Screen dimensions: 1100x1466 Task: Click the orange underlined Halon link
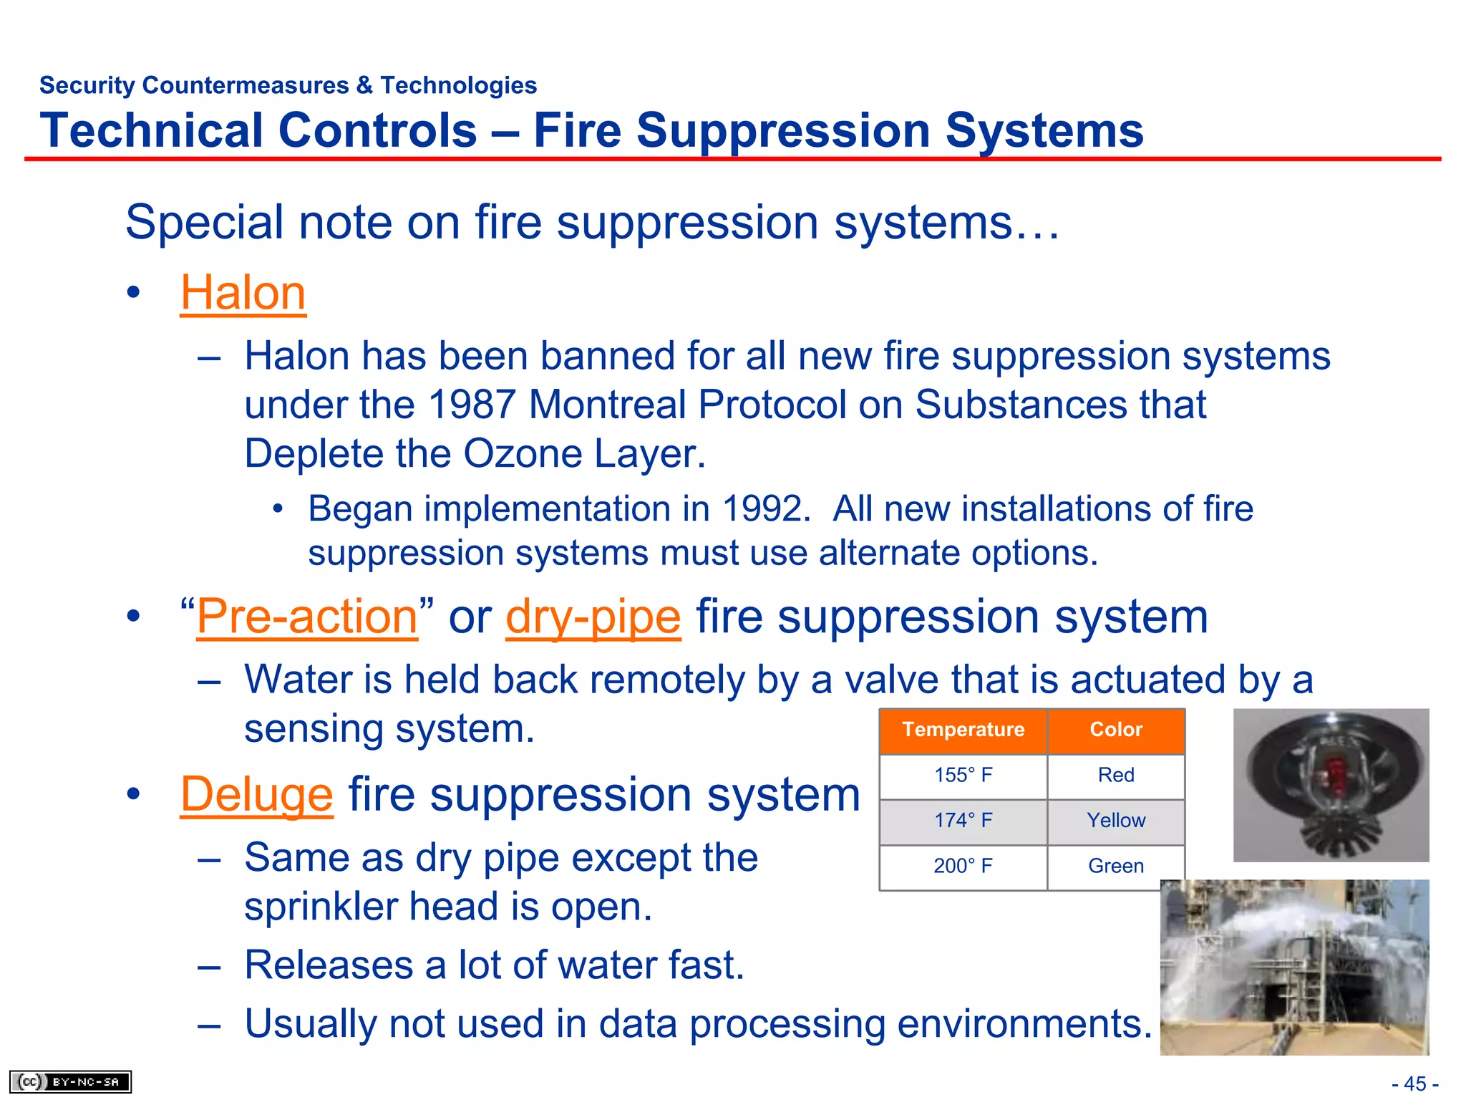243,293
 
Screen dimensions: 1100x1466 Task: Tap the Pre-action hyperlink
306,617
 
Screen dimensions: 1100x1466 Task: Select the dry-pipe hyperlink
593,617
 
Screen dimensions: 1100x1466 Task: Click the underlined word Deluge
256,794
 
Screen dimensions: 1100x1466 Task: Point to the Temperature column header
963,730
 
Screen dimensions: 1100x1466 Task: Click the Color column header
1115,730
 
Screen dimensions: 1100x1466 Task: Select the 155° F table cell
963,776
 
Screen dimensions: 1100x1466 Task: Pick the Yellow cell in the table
1115,821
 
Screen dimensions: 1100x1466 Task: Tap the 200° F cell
963,867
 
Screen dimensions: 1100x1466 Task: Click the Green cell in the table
1115,867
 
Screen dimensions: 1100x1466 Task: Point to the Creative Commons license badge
70,1081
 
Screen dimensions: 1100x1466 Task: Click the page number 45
1414,1084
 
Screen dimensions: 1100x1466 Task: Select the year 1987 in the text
472,405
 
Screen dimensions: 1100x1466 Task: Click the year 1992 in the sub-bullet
763,509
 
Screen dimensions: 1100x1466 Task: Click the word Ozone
523,454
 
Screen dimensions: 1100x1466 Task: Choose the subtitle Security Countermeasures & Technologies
288,85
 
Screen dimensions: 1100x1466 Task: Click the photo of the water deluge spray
1294,967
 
